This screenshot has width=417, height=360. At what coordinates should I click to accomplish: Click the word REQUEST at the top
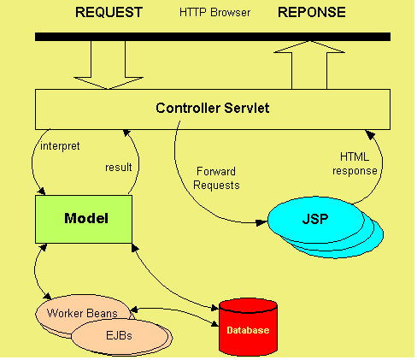coord(109,13)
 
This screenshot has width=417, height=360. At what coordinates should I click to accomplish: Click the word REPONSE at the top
coord(312,13)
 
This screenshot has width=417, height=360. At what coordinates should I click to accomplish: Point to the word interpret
coord(59,145)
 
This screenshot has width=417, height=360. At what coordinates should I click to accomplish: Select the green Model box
coord(83,218)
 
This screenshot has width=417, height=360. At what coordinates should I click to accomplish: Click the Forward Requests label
coord(217,177)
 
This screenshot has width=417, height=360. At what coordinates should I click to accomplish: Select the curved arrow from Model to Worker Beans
coord(35,269)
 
